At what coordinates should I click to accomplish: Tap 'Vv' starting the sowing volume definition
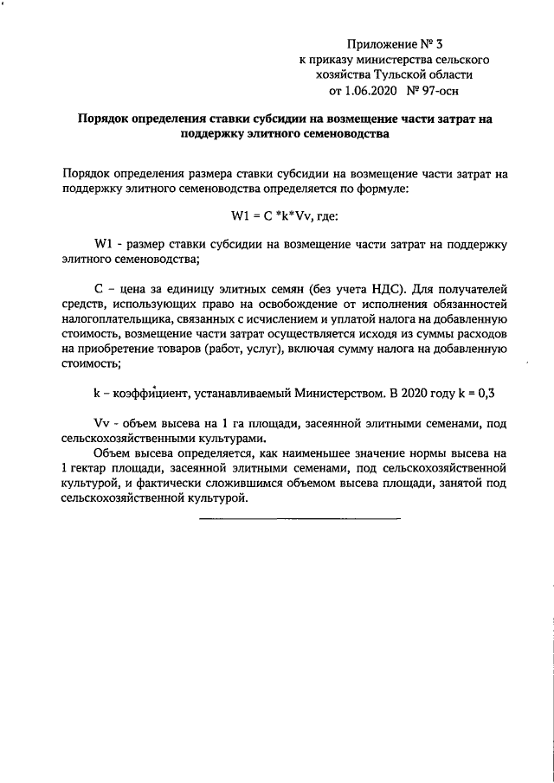101,423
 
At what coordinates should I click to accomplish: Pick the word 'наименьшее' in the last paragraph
326,453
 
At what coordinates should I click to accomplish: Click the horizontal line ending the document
300,519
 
